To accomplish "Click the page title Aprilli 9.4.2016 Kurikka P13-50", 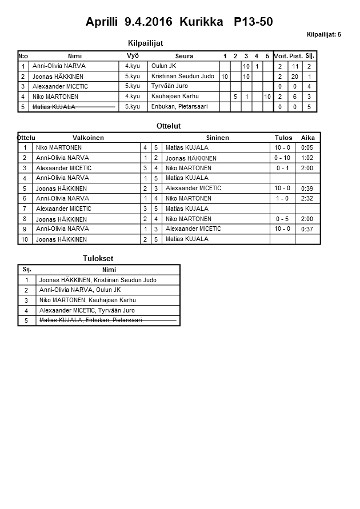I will (179, 22).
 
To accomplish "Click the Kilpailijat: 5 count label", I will (323, 34).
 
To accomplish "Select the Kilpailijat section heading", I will (149, 43).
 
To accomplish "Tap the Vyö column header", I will (133, 55).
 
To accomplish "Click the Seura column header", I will (184, 56).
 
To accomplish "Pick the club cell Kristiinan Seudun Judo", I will (183, 76).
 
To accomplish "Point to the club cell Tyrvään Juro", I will (169, 86).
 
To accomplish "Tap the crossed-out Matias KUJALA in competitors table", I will (54, 107).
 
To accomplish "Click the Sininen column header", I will (217, 138).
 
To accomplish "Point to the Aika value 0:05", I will (307, 147).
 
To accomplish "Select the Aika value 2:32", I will (307, 199).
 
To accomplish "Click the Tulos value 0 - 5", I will (282, 219).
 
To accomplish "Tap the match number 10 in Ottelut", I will (25, 239).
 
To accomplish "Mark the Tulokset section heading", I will (98, 259).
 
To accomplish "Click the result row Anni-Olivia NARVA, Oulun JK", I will (79, 290).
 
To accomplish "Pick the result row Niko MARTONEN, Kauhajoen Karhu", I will (86, 300).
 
